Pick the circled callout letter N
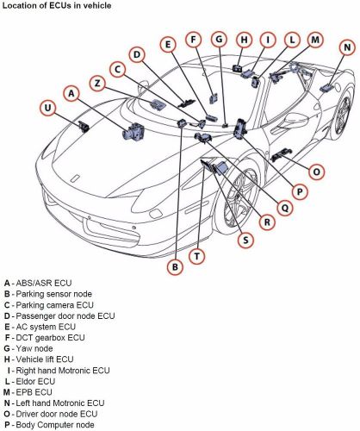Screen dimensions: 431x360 coord(346,47)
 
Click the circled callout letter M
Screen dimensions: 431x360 coord(316,39)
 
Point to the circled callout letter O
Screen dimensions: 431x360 coord(317,172)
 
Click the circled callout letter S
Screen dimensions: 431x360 coord(245,240)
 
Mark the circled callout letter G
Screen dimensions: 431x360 coord(220,40)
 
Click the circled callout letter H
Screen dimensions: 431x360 coord(245,39)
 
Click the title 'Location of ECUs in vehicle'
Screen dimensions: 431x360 coord(55,6)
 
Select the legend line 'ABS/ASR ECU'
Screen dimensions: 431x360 coord(43,284)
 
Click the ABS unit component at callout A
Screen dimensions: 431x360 coord(135,133)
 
